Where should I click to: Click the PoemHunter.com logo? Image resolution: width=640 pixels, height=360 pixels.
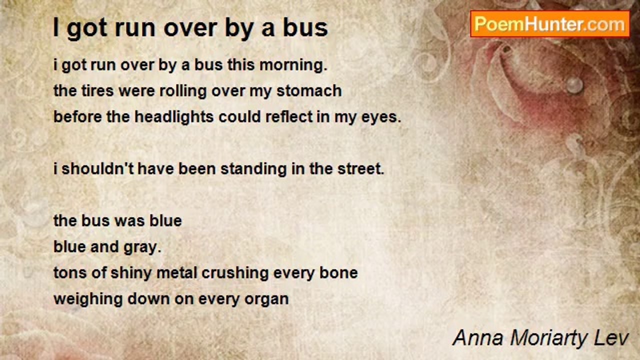(x=550, y=24)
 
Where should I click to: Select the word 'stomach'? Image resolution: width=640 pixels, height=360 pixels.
(x=309, y=91)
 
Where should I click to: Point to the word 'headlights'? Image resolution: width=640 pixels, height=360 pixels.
(x=174, y=117)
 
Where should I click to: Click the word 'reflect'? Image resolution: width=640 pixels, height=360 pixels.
(x=289, y=117)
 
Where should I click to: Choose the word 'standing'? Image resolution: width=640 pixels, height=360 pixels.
(x=253, y=169)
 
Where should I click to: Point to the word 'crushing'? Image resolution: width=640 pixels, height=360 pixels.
(x=235, y=273)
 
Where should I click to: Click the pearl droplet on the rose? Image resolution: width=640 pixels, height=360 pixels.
(x=574, y=85)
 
